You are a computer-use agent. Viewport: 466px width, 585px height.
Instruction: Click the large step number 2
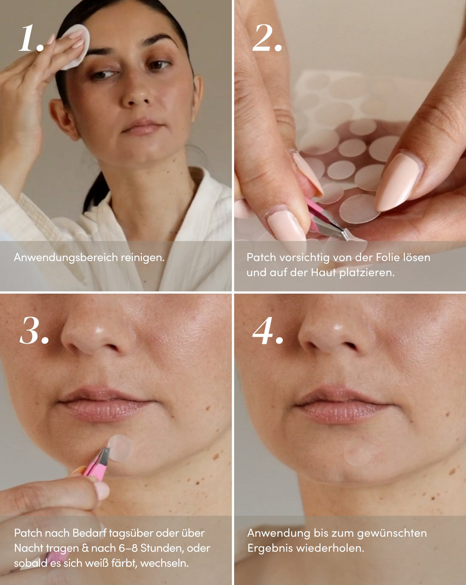coord(267,38)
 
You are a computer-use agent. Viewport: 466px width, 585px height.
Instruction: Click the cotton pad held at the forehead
coord(77,46)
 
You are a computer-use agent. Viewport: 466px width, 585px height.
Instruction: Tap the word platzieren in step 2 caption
coord(367,272)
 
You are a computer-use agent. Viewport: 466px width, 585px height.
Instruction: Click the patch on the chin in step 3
coord(120,448)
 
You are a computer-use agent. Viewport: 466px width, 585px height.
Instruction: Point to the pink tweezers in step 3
coord(96,465)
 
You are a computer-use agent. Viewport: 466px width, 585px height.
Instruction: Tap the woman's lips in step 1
coord(142,127)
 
